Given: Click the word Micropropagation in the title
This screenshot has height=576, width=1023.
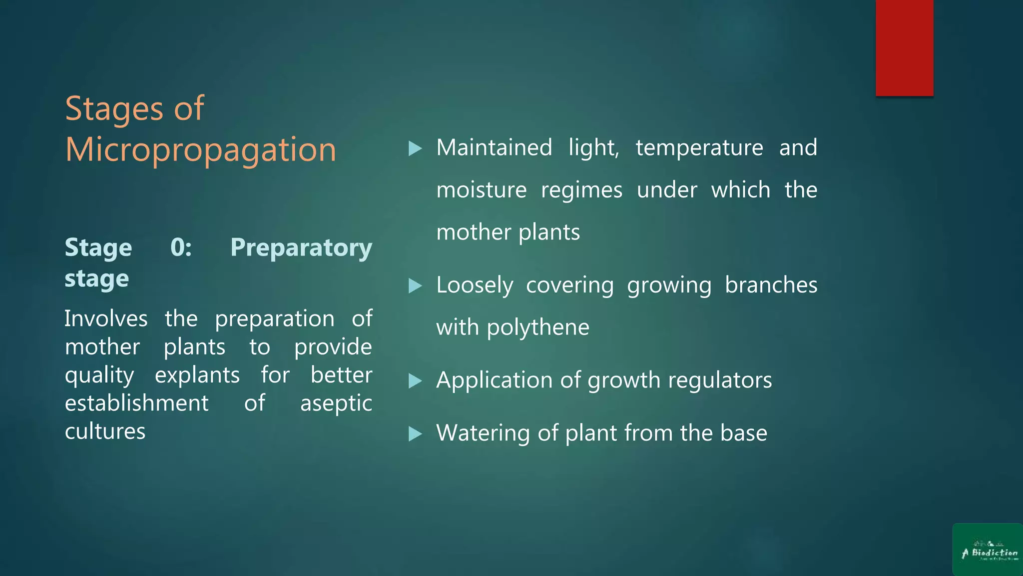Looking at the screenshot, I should pos(201,150).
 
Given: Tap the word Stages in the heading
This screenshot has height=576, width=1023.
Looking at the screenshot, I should pos(114,108).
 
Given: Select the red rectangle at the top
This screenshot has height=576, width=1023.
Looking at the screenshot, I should pos(904,47).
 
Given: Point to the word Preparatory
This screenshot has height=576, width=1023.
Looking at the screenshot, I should pos(301,247).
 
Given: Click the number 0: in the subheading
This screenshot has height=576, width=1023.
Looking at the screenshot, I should pos(181,247).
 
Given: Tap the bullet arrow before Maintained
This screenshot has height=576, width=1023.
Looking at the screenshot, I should pos(415,148).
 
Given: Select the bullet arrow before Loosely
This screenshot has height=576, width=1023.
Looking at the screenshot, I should pos(415,286).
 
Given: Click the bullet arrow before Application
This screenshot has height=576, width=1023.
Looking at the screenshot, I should pos(415,381).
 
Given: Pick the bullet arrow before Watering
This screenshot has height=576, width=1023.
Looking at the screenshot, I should pos(415,433).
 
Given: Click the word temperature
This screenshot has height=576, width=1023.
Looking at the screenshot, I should pos(699,148).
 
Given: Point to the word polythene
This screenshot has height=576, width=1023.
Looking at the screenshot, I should pos(538,328).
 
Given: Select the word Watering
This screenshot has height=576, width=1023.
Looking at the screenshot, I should pos(483,433).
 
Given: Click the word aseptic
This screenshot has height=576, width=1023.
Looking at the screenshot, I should pos(336,403).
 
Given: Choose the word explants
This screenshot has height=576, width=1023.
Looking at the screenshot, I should pos(197,375).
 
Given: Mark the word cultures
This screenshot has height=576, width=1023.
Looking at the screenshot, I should pos(105,431).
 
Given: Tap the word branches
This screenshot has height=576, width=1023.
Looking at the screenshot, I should pos(771,285).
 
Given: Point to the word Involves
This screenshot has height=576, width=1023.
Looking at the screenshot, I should pos(106,319).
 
